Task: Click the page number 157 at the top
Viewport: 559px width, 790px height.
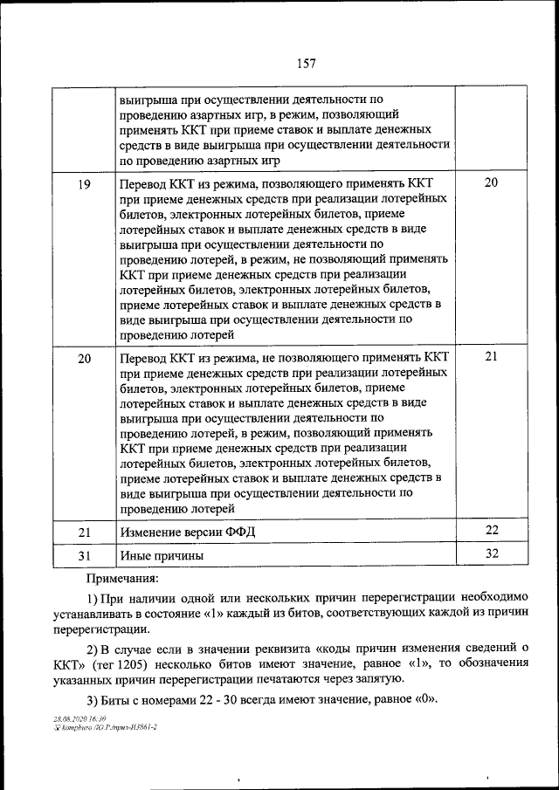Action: (x=306, y=63)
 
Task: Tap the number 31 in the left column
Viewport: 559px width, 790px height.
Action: (x=85, y=556)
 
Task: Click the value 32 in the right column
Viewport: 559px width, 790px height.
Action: (x=491, y=554)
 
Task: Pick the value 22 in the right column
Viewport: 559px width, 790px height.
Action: (x=491, y=531)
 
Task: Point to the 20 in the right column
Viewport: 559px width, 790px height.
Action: (x=491, y=182)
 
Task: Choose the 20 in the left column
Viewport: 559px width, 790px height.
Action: (x=85, y=359)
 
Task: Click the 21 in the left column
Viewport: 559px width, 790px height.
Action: (x=85, y=532)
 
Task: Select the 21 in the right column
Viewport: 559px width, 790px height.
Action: (x=491, y=356)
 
